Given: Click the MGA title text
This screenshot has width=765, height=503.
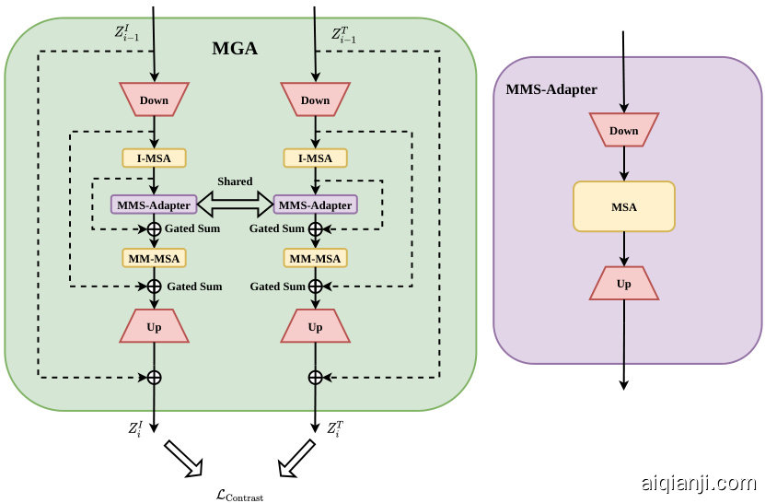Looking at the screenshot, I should coord(235,48).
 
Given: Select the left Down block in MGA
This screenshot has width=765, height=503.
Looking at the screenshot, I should coord(154,99).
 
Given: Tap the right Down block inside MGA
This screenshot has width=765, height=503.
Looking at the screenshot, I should coord(315,99).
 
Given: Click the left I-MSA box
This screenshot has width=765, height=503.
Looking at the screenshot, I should coord(154,158).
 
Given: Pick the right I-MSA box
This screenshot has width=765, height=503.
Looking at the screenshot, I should coord(315,158).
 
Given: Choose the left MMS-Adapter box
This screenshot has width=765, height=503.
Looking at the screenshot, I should coord(151,205).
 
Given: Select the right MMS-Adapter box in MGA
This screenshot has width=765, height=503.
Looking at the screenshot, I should coord(315,205).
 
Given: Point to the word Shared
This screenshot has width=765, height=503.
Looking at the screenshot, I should coord(235,181).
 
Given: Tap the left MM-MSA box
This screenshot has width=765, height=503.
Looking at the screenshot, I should coord(153,258).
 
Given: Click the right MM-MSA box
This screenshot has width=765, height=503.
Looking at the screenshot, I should coord(315,258).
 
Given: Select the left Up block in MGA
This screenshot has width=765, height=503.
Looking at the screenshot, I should coord(154,326).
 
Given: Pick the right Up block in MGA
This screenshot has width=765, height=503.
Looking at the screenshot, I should coord(315,326).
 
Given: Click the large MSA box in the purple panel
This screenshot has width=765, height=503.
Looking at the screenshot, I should coord(623,206).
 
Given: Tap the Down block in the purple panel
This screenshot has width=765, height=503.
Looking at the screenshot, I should coord(623,130).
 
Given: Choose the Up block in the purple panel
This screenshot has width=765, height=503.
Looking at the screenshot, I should coord(623,284).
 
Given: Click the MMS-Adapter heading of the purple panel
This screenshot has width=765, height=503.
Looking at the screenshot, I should coord(551,89).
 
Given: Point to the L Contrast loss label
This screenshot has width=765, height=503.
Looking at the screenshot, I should coord(239,496).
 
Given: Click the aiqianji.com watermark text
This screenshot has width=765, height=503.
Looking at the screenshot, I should coord(697,482).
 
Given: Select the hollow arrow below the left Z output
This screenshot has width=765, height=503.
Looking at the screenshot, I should coord(183,459).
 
